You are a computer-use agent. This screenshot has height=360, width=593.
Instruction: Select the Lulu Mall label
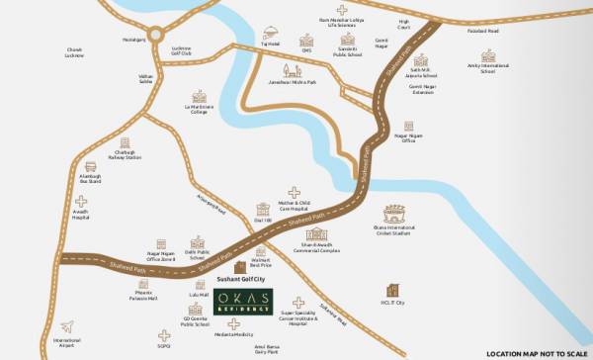(199, 295)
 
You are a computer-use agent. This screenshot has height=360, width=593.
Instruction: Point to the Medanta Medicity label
(231, 335)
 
